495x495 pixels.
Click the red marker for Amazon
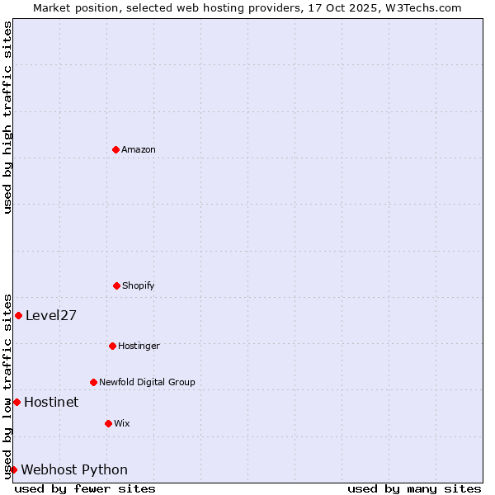pos(115,149)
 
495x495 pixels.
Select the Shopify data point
pos(116,285)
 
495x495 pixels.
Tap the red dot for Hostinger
pos(112,346)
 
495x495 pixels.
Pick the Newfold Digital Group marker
pos(93,382)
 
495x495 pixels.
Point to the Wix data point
pos(108,423)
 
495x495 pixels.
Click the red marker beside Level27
pos(18,315)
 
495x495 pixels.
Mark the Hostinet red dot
pos(16,402)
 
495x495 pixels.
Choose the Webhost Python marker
pos(13,469)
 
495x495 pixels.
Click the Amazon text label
pos(139,149)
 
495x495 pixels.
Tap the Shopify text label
pos(139,285)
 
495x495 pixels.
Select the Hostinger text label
pos(139,346)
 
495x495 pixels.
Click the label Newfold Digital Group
pos(147,382)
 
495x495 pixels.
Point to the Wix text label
pos(122,423)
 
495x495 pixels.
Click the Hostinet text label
pos(51,402)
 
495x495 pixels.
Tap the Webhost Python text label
pos(74,469)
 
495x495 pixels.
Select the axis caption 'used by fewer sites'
pos(85,488)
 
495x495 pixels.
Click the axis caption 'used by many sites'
pos(414,488)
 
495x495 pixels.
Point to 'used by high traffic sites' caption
pos(7,117)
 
